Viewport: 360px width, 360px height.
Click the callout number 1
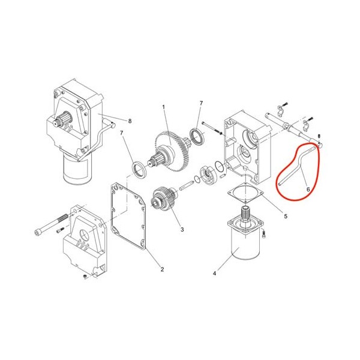click(164, 107)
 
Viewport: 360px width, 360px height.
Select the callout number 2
click(162, 269)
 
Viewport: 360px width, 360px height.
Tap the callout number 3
click(182, 229)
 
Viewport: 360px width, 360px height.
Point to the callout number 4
click(214, 274)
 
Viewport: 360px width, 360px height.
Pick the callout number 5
click(286, 216)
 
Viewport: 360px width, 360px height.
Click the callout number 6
click(308, 189)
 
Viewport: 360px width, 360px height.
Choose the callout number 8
click(130, 121)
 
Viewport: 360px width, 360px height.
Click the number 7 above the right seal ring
click(202, 103)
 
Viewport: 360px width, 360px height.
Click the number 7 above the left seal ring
click(122, 133)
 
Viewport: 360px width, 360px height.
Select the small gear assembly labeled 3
click(163, 199)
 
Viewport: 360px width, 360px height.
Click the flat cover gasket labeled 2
click(128, 216)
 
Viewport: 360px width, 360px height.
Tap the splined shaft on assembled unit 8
click(62, 119)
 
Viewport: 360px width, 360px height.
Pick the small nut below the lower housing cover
click(85, 277)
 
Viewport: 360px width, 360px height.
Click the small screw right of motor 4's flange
click(264, 234)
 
